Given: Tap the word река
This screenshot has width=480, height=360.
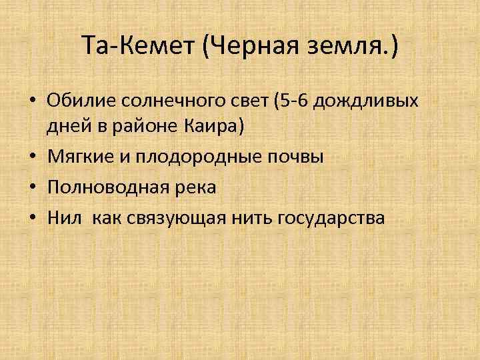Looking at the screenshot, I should (x=192, y=187).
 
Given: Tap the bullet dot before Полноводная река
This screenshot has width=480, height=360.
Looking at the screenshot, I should (x=33, y=187).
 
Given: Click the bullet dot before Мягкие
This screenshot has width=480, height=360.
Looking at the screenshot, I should (x=33, y=157).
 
